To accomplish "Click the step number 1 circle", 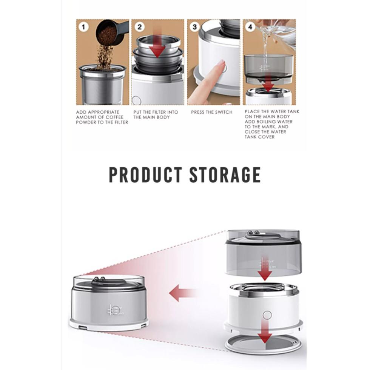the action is point(83,27).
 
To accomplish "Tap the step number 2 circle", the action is point(139,27).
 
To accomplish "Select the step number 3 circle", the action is point(195,27).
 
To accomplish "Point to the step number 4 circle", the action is point(250,27).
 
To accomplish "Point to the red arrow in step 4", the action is point(268,82).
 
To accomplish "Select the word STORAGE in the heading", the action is point(225,175).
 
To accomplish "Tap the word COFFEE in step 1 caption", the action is point(114,117).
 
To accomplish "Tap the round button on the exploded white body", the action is point(267,315).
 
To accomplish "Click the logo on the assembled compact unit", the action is point(116,310).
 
